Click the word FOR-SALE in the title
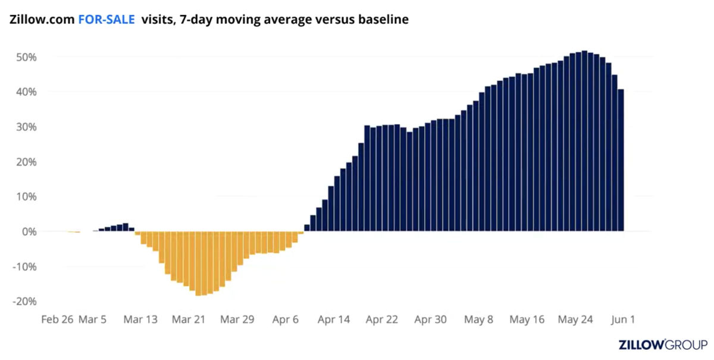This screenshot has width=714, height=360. pyautogui.click(x=107, y=20)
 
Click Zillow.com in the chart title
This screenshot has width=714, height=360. pyautogui.click(x=42, y=20)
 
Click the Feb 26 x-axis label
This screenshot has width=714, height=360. pyautogui.click(x=57, y=320)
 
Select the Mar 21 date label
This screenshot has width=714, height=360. pyautogui.click(x=188, y=320)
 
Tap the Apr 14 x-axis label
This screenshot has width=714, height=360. pyautogui.click(x=333, y=320)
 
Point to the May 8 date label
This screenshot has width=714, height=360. pyautogui.click(x=478, y=320)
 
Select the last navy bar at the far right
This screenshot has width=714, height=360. pyautogui.click(x=621, y=161)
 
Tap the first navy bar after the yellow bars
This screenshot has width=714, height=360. pyautogui.click(x=307, y=228)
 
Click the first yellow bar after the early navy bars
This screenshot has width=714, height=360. pyautogui.click(x=137, y=233)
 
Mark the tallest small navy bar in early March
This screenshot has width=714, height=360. pyautogui.click(x=126, y=227)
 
